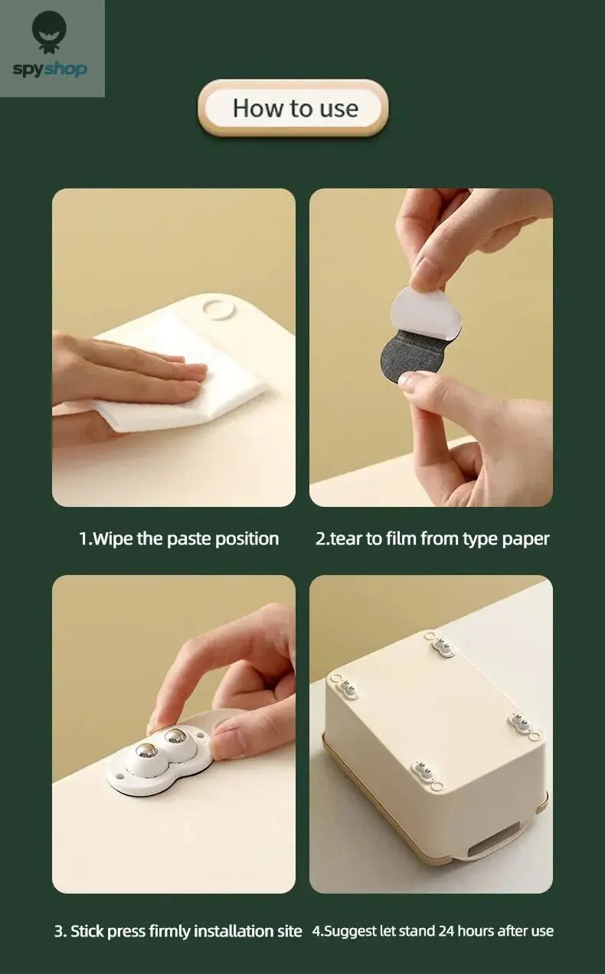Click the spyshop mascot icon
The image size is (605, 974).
50,31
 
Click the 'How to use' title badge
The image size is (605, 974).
293,108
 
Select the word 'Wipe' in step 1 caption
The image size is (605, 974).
113,539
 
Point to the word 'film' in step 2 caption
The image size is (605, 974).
401,539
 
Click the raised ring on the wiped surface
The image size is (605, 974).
218,309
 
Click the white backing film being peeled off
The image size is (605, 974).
426,312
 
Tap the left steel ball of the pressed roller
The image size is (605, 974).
145,751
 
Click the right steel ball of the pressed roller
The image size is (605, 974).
175,736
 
